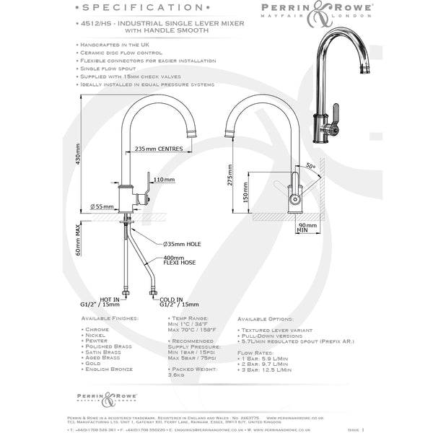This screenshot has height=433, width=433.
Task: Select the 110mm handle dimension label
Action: [164, 179]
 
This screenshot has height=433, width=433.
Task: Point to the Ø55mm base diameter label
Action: [102, 207]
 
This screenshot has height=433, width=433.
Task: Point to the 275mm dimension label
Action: [229, 176]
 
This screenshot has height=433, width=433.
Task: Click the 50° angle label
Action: [311, 166]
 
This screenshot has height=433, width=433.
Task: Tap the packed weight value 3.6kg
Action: [177, 374]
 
